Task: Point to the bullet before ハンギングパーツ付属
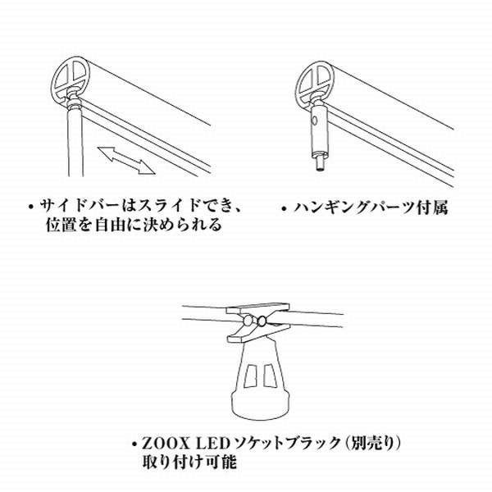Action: (x=281, y=207)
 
